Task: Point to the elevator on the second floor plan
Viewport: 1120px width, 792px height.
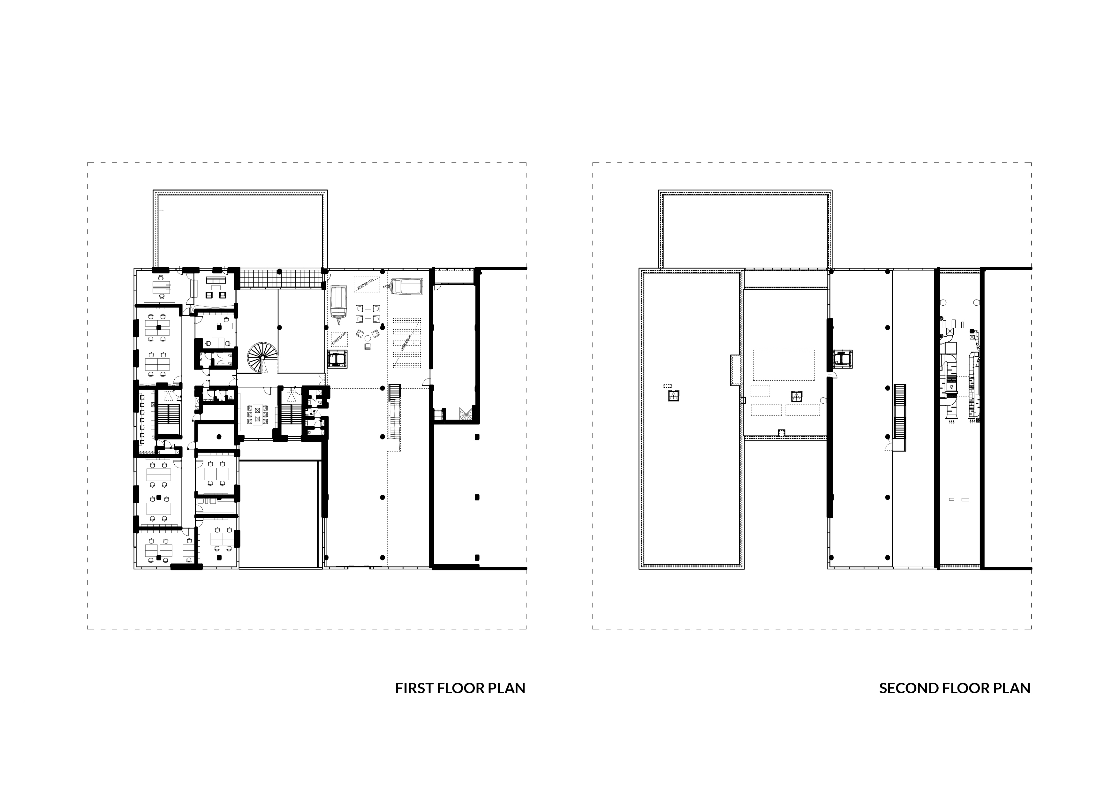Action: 843,360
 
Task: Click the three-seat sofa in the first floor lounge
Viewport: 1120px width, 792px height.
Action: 216,281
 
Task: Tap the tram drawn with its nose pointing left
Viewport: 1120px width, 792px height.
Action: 405,287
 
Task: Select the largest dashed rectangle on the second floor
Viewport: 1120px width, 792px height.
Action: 783,365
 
